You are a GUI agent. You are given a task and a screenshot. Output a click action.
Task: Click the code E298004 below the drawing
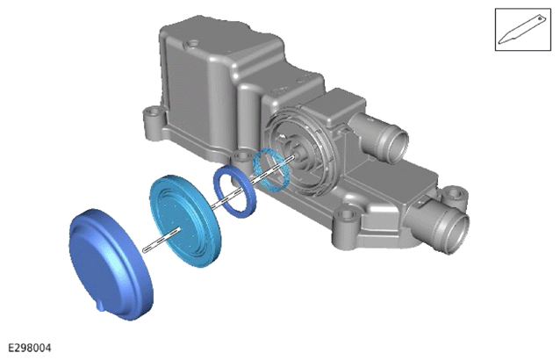click(x=30, y=348)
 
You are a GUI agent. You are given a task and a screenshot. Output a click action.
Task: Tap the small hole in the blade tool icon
click(x=540, y=18)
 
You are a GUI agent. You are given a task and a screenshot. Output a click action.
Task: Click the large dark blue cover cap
click(x=111, y=264)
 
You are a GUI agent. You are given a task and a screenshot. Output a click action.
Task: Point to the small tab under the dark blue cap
click(x=101, y=306)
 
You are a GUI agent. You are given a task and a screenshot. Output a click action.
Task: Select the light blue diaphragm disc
click(x=185, y=220)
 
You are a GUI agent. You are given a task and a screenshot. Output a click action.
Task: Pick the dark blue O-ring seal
click(x=234, y=191)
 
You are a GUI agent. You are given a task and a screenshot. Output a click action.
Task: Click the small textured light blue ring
click(x=271, y=169)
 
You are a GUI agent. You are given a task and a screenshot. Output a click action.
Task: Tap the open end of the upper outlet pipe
click(x=397, y=146)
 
